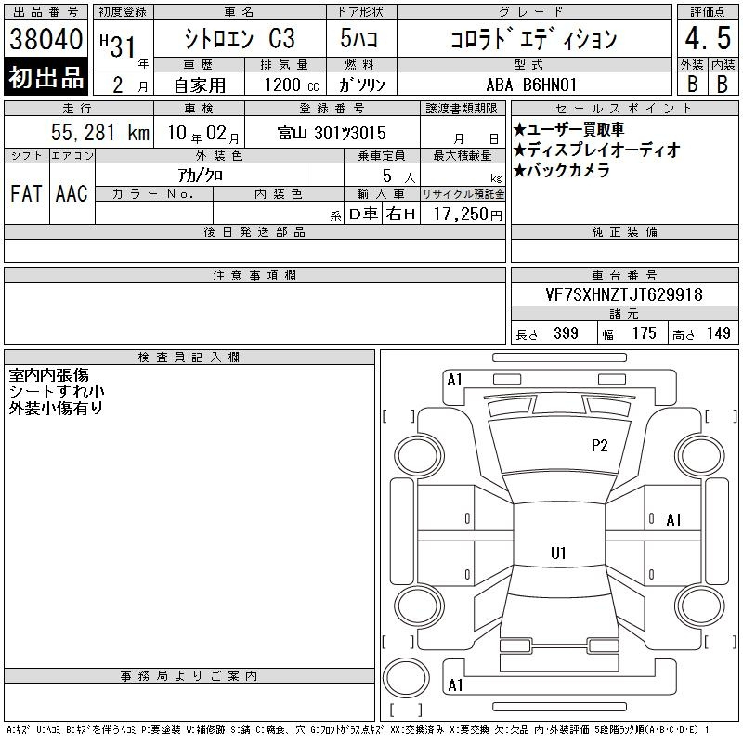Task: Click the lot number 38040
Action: click(x=46, y=38)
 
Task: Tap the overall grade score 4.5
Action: click(x=708, y=38)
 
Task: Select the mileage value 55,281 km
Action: click(x=100, y=132)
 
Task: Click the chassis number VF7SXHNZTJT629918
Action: click(x=624, y=294)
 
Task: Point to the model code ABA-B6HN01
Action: click(x=531, y=85)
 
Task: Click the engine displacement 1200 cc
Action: click(x=292, y=85)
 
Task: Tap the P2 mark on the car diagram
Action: click(x=599, y=446)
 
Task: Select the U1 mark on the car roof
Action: click(x=558, y=553)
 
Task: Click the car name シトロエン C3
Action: click(x=240, y=38)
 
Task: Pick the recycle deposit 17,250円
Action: click(x=467, y=215)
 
